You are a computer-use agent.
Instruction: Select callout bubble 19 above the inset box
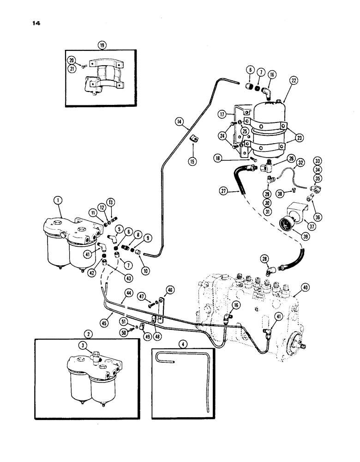pos(102,45)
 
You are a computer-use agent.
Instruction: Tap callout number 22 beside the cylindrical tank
pos(295,79)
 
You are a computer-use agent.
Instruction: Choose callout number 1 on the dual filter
pos(58,200)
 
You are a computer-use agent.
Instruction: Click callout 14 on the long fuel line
pos(180,122)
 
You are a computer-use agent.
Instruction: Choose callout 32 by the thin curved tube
pos(300,162)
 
